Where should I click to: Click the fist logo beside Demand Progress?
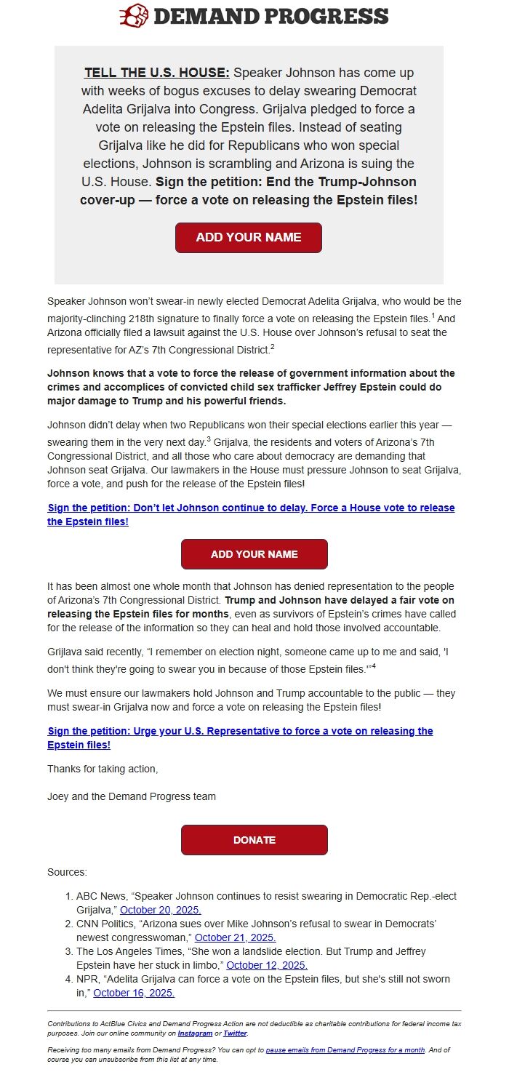134,15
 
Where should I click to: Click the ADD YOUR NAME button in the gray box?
248,238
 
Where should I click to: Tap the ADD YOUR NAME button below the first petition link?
254,554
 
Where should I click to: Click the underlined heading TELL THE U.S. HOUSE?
157,73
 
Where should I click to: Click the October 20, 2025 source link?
161,910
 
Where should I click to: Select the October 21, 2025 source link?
235,937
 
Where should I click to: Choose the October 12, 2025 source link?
267,965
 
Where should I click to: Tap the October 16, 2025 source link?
134,993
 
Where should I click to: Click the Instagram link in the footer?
195,1033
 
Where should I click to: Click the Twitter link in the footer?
235,1033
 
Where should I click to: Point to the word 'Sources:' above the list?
67,872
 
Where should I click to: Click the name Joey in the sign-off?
58,796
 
